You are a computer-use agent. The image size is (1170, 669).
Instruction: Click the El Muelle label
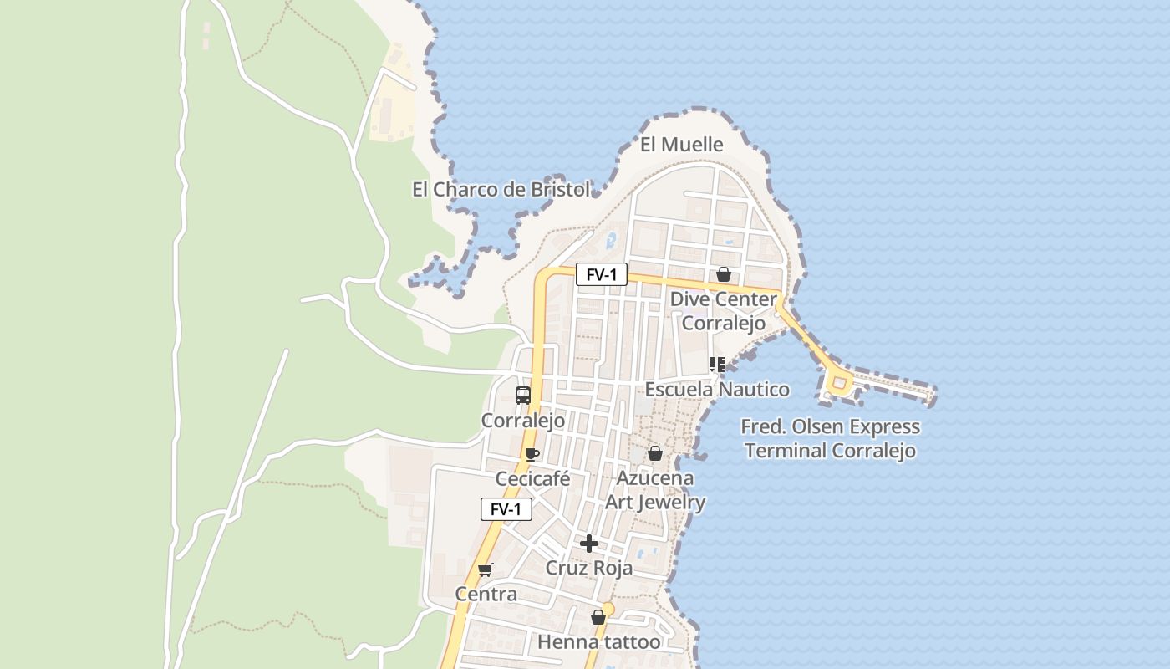681,145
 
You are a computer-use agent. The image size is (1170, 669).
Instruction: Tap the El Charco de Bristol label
501,190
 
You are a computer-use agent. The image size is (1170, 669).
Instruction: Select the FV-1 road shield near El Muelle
601,274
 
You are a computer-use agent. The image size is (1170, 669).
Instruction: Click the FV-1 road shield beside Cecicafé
506,509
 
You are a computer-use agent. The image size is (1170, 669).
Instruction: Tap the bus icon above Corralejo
523,396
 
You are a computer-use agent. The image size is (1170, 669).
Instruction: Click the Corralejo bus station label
523,421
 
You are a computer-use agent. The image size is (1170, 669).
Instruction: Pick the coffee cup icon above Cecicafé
532,455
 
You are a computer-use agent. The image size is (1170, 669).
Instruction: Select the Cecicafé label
532,479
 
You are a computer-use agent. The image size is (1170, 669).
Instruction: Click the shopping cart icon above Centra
486,570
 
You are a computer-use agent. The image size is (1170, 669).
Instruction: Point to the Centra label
486,595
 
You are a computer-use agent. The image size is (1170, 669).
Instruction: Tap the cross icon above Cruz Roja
589,544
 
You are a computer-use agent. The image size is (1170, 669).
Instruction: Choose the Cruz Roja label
589,569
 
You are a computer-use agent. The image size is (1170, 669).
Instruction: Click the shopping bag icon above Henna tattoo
598,618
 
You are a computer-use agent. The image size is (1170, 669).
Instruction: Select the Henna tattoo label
598,642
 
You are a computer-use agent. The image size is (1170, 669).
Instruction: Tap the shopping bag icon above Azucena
655,453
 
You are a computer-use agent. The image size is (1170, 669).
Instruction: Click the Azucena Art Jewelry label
655,490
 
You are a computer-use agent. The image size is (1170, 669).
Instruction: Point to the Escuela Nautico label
717,390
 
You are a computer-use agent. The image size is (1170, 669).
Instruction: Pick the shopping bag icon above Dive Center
724,274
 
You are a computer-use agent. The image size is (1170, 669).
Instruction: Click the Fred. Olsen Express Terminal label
830,439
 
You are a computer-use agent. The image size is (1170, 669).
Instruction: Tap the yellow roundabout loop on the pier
838,384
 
